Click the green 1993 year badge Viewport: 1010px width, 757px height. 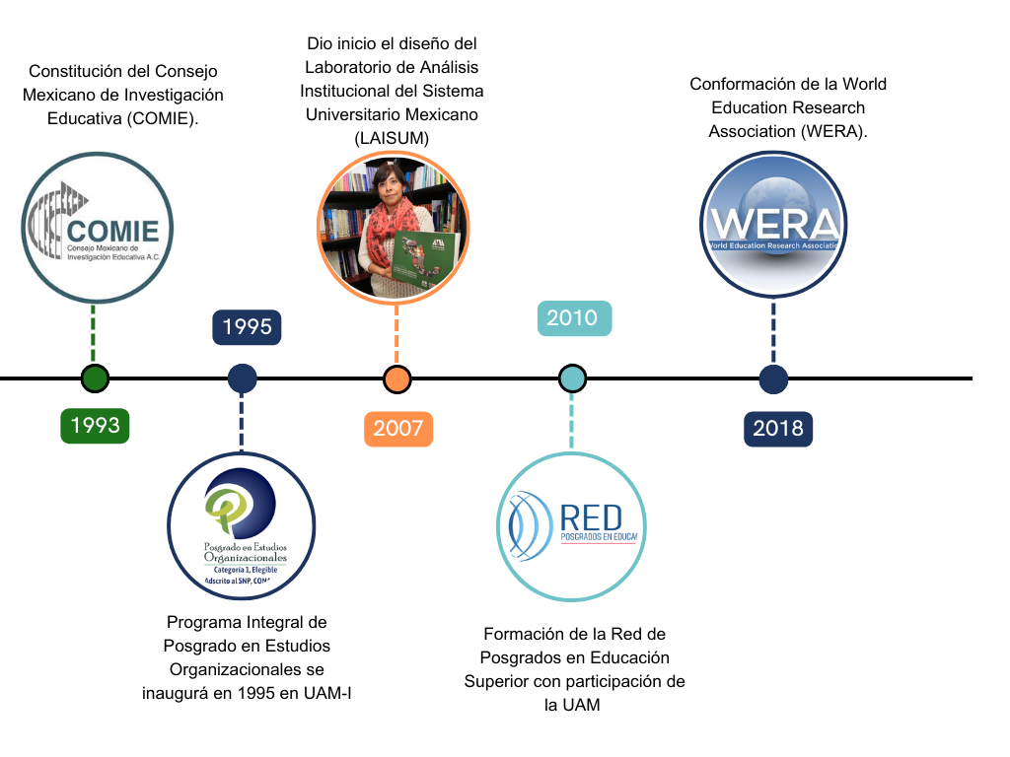tap(95, 425)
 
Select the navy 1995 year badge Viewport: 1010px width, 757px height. tap(247, 326)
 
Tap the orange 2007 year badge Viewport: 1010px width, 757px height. tap(397, 428)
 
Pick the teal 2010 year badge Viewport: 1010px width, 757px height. tap(572, 317)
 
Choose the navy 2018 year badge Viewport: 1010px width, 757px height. tap(778, 429)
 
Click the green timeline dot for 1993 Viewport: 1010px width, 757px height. tap(95, 378)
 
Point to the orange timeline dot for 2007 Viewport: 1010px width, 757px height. tap(397, 378)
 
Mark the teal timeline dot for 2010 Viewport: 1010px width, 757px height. tap(572, 378)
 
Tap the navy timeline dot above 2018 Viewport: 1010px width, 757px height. tap(773, 378)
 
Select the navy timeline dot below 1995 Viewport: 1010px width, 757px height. tap(242, 378)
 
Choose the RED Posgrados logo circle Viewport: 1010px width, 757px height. tap(571, 526)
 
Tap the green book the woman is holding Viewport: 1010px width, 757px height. tap(424, 260)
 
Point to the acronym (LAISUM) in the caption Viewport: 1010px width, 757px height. tap(392, 138)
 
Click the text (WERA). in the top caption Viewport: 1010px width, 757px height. tap(832, 131)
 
